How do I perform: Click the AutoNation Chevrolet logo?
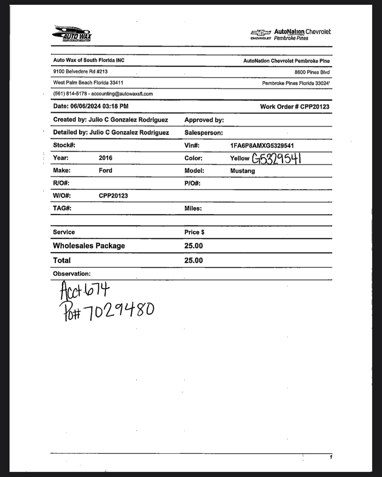(290, 35)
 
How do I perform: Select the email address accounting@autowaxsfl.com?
(122, 94)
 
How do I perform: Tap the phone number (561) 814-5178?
(70, 94)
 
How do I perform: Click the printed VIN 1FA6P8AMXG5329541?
(262, 146)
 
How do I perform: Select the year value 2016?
(106, 158)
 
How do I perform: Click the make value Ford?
(106, 171)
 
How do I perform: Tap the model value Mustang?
(242, 171)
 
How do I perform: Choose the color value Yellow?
(239, 158)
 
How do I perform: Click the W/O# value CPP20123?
(113, 196)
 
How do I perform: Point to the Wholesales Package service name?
(89, 246)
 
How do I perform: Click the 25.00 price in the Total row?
(193, 261)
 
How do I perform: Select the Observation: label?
(72, 274)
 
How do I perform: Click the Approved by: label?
(204, 120)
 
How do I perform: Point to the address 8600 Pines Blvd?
(312, 72)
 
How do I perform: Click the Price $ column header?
(194, 232)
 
